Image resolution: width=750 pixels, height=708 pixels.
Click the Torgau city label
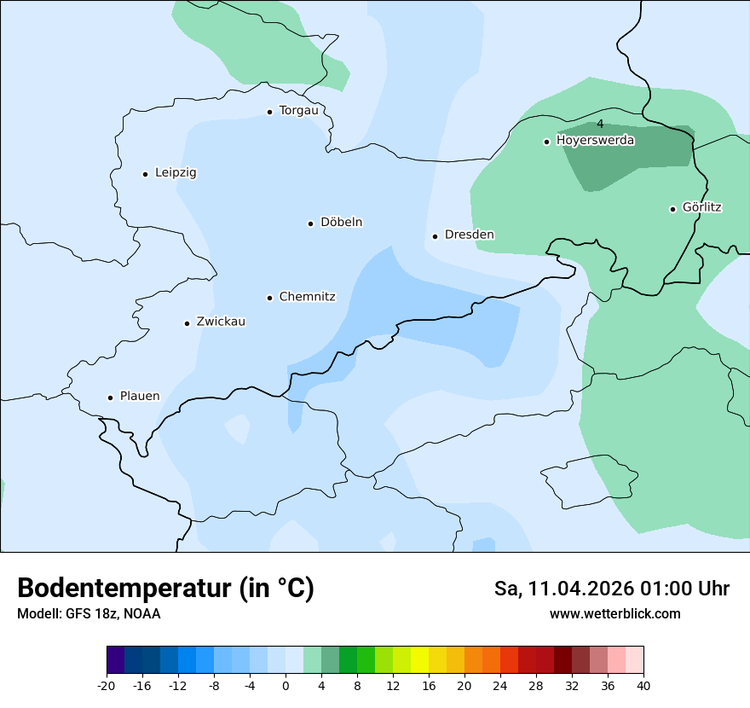tap(298, 111)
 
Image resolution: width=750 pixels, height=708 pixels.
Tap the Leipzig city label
tap(176, 172)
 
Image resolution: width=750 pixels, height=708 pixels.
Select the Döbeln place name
tap(341, 223)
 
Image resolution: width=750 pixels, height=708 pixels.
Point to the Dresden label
tap(469, 235)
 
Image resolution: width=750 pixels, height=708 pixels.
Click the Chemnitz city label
tap(307, 297)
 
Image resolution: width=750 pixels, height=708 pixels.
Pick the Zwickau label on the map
tap(221, 322)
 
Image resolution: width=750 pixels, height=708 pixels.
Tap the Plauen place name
tap(139, 397)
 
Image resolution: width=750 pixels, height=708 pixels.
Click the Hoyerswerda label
tap(595, 141)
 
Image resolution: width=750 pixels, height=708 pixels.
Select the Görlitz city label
tap(701, 207)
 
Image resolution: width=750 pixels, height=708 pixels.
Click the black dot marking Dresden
tap(435, 236)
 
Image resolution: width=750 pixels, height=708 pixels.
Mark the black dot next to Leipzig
tap(145, 174)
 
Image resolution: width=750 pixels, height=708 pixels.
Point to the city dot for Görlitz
tap(672, 209)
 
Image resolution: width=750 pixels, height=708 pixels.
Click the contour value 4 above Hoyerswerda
tap(600, 125)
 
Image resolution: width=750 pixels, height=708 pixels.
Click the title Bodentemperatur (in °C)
tap(165, 589)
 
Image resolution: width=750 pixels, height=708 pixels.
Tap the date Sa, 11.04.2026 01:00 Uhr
tap(611, 589)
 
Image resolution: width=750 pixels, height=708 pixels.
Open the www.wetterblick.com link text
tap(614, 613)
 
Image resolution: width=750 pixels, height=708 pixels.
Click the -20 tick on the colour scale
tap(107, 686)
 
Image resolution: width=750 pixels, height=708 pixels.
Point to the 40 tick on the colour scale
tap(643, 686)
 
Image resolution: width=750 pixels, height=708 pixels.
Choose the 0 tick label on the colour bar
tap(286, 686)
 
